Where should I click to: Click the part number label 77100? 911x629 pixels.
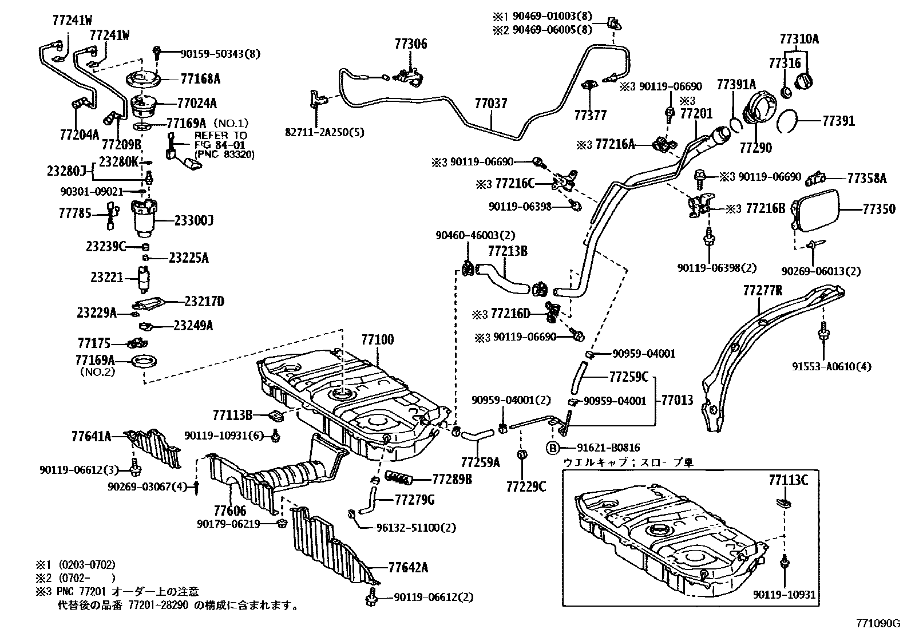377,340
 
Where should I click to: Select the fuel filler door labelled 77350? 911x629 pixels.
815,210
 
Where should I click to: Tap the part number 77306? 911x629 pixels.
410,45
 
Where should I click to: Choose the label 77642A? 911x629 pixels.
408,568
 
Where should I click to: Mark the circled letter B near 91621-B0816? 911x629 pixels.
553,448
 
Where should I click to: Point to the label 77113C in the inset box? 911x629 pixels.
788,480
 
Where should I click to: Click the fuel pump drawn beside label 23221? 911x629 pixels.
144,279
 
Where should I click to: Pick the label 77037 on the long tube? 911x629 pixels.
490,104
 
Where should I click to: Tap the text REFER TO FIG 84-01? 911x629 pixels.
220,140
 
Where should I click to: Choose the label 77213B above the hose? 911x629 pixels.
507,251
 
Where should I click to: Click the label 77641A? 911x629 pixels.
91,437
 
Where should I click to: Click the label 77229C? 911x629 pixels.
526,486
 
